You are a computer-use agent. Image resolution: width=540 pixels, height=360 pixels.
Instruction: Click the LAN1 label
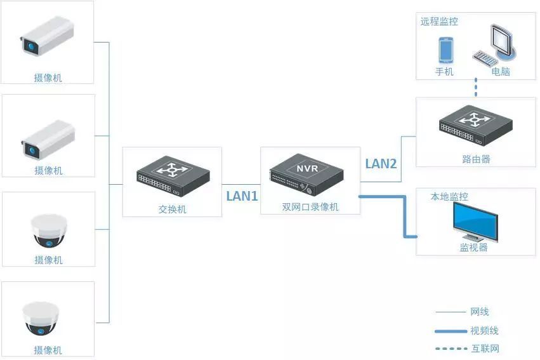242,196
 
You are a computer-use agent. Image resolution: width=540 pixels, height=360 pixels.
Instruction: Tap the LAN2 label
381,164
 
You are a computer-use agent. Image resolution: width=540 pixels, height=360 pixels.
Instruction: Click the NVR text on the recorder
307,168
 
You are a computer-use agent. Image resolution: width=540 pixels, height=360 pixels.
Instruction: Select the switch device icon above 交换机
173,177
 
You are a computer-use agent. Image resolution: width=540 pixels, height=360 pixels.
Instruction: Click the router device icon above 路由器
476,126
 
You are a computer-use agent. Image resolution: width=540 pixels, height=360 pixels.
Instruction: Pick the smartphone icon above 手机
445,50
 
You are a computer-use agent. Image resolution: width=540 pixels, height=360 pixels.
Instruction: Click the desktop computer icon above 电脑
495,46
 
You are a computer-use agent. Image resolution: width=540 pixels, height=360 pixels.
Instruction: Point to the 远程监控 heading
439,22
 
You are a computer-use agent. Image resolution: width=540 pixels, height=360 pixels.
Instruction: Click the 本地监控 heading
449,197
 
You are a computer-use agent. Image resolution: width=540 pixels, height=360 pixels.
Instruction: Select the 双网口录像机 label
310,207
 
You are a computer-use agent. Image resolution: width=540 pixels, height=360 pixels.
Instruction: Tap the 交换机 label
172,209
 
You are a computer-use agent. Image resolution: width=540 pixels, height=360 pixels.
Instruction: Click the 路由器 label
476,159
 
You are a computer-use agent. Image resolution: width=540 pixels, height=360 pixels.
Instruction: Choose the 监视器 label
473,248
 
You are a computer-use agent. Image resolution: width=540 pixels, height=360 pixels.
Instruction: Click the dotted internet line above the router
476,87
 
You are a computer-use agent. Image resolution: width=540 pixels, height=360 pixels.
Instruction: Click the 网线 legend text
479,312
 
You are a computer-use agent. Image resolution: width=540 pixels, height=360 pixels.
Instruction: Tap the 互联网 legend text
485,349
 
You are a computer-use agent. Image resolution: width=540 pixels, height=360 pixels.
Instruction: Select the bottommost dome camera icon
41,319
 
